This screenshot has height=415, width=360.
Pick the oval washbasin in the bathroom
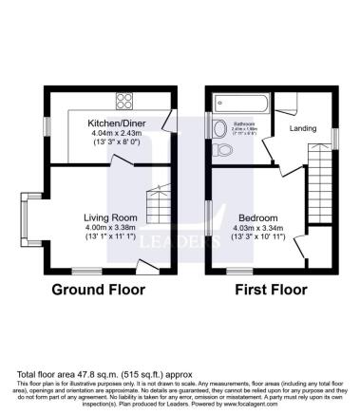[x=219, y=128]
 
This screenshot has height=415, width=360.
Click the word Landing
[x=302, y=128]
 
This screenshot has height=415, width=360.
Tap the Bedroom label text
[x=256, y=217]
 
